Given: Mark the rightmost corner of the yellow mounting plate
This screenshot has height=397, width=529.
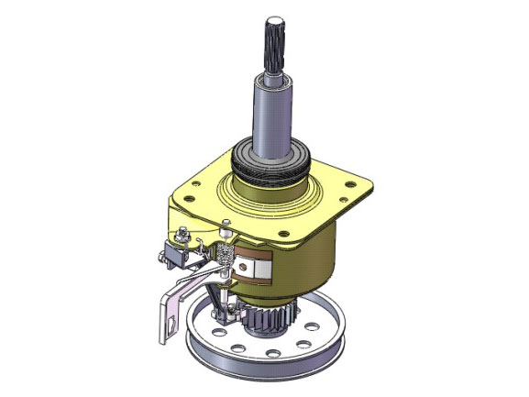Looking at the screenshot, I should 370,190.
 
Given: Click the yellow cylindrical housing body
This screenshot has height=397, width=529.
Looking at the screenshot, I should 312,257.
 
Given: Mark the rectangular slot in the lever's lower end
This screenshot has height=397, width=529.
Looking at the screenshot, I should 171,322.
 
